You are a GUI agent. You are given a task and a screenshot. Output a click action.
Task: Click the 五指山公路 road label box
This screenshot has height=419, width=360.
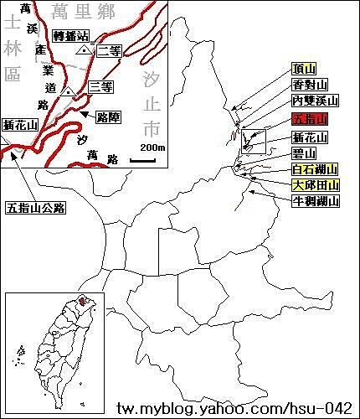pyautogui.click(x=35, y=206)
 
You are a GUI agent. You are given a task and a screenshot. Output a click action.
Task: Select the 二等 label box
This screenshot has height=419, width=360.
pyautogui.click(x=110, y=50)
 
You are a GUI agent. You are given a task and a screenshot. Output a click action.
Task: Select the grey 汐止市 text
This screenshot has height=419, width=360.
pyautogui.click(x=151, y=105)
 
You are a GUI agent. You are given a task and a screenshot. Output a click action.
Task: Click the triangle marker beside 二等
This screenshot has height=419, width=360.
pyautogui.click(x=83, y=51)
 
